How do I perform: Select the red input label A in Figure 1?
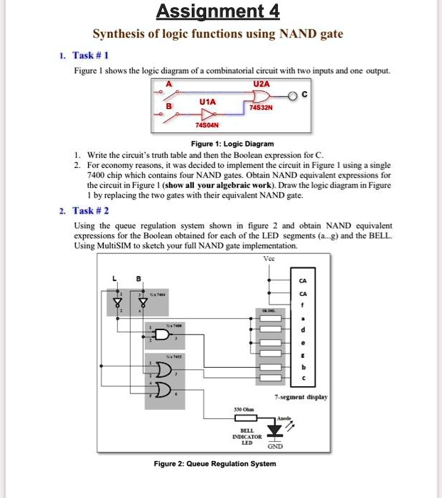coord(169,84)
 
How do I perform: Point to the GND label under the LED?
coord(274,446)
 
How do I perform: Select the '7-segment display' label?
coord(302,396)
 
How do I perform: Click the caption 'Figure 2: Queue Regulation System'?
coord(215,464)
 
